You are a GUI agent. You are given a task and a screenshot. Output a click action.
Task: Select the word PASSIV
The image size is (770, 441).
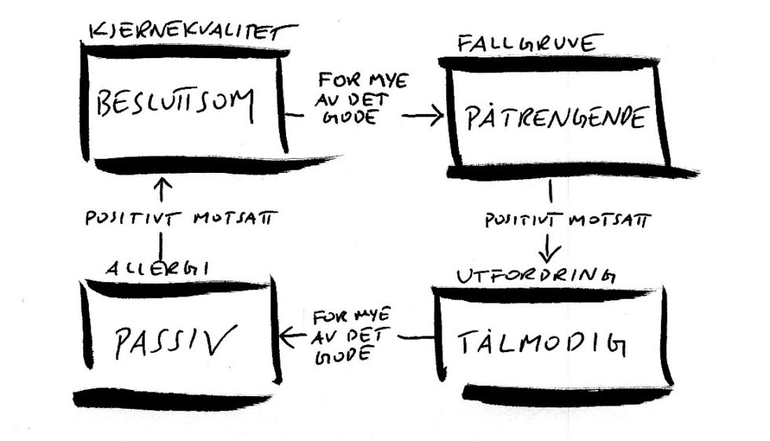coord(174,341)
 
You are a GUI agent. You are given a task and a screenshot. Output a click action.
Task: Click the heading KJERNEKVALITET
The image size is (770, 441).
coord(192,32)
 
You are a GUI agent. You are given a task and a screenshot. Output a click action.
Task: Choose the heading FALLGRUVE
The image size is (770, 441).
coord(526,44)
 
